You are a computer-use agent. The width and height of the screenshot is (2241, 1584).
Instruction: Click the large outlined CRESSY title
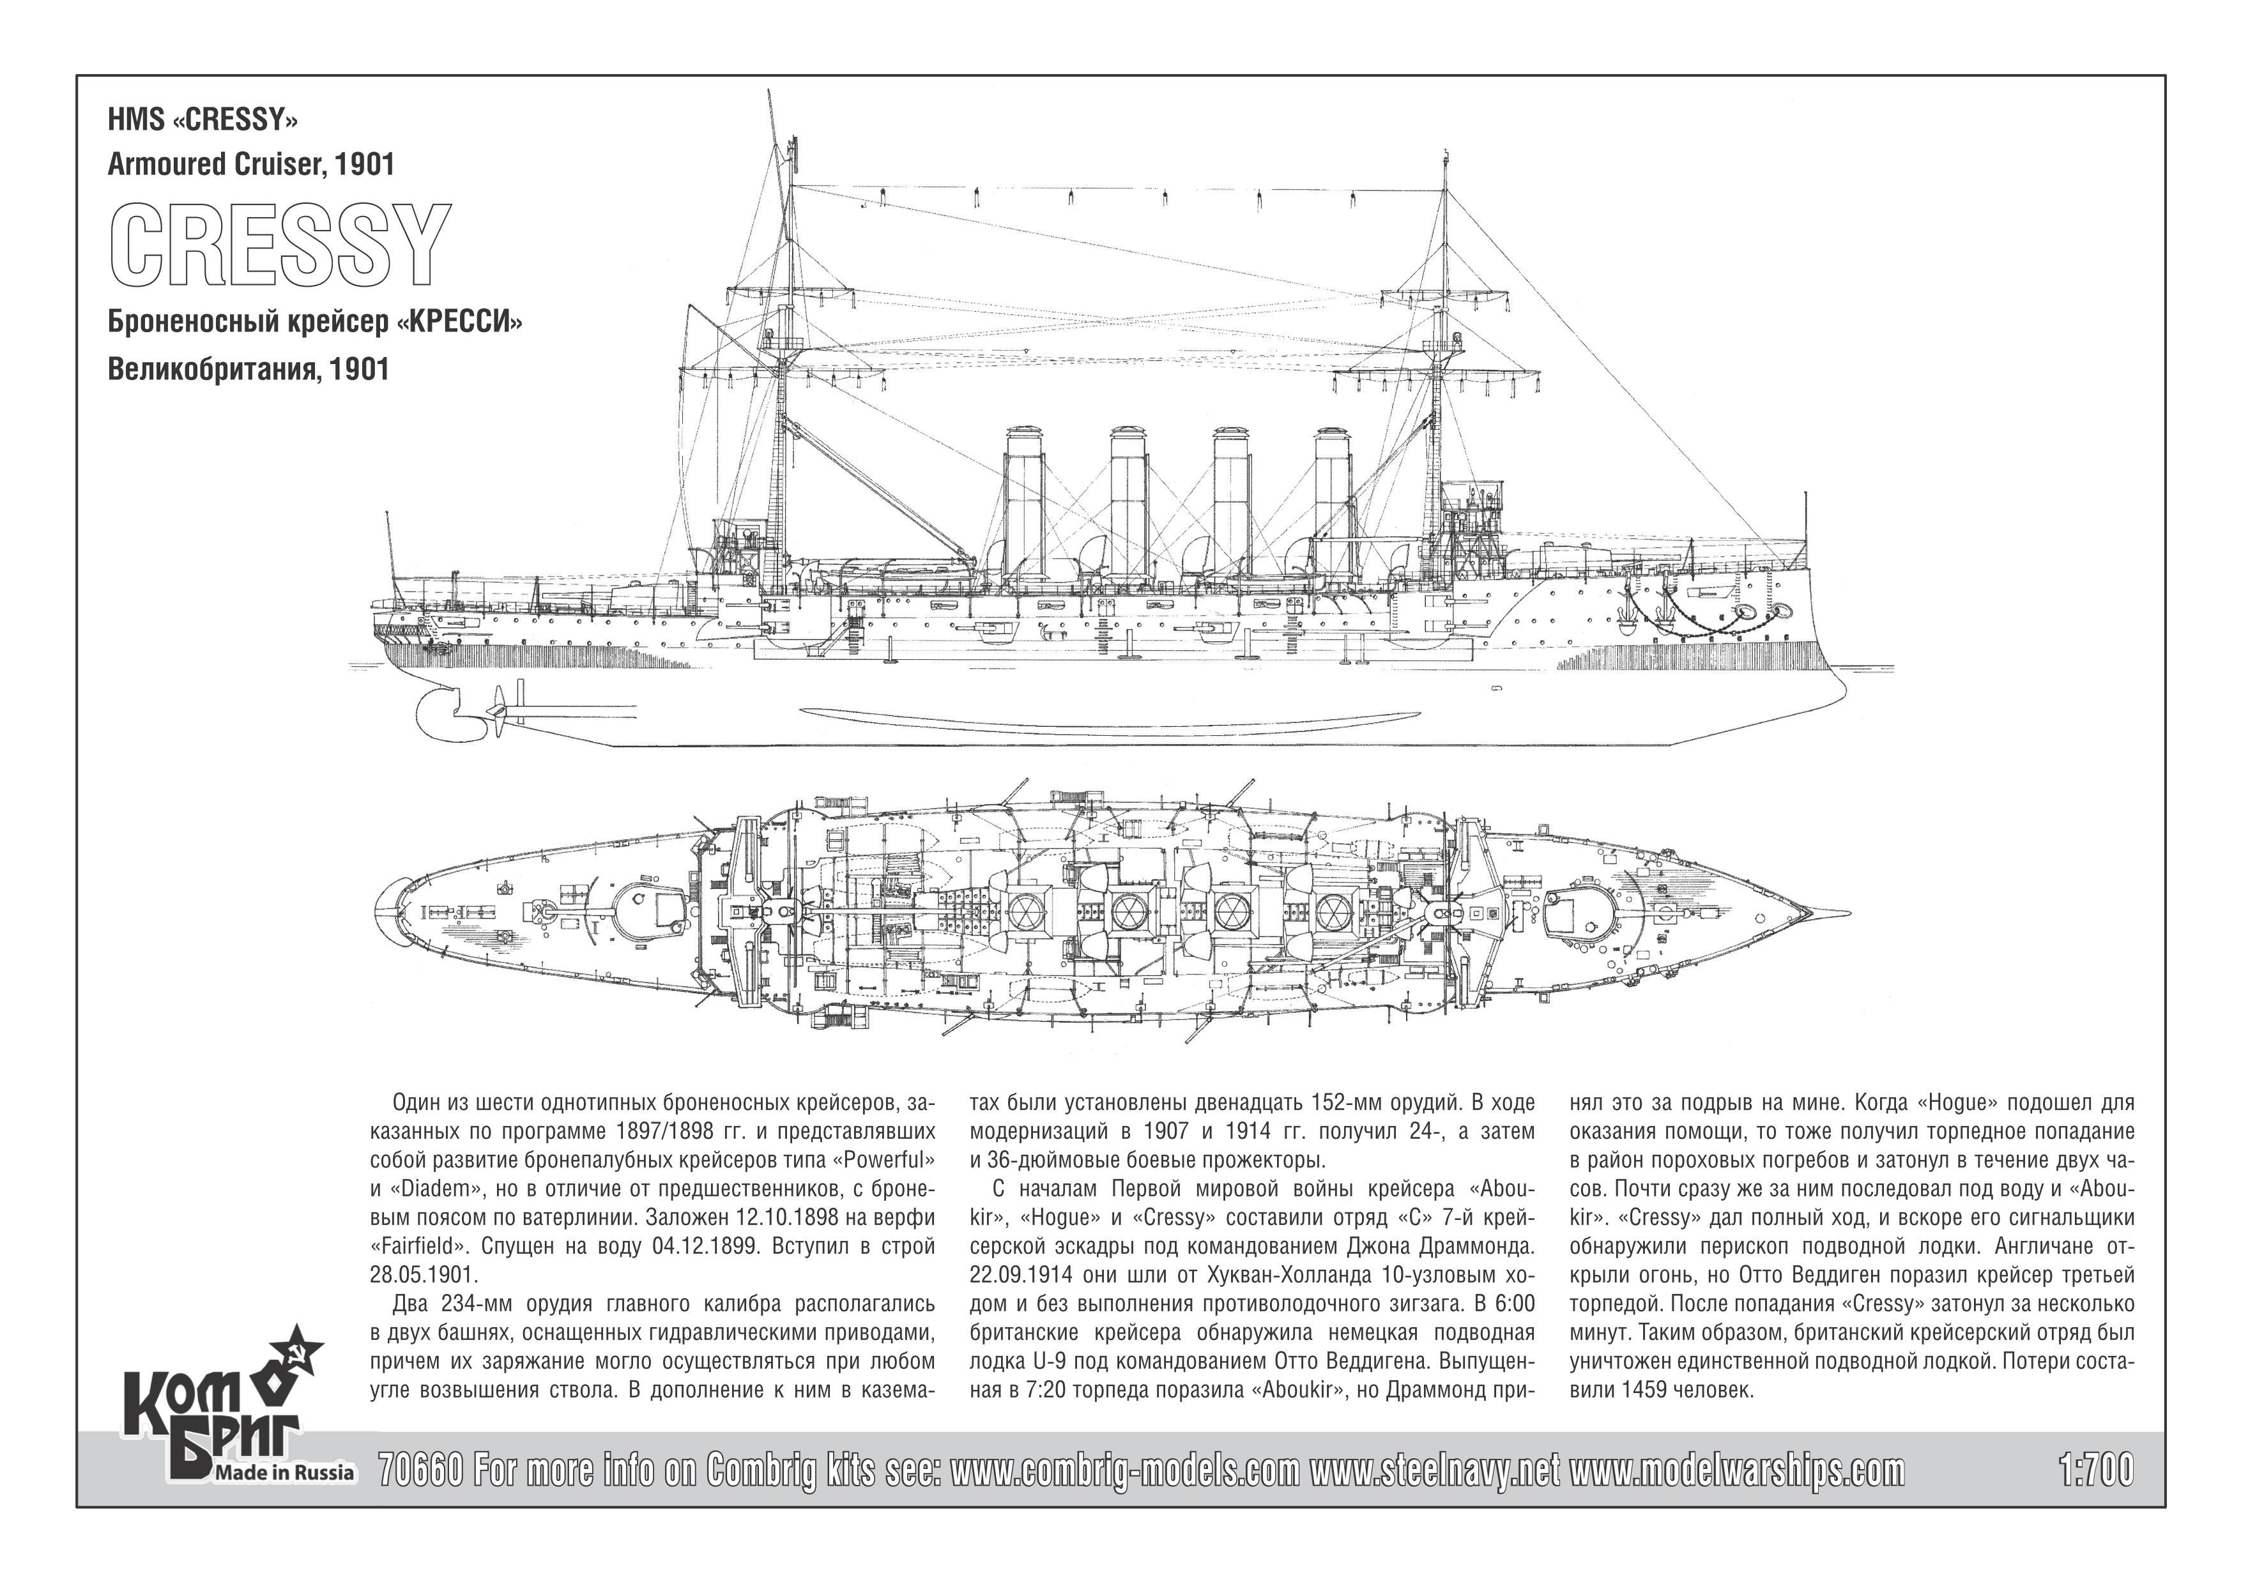pos(280,245)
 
